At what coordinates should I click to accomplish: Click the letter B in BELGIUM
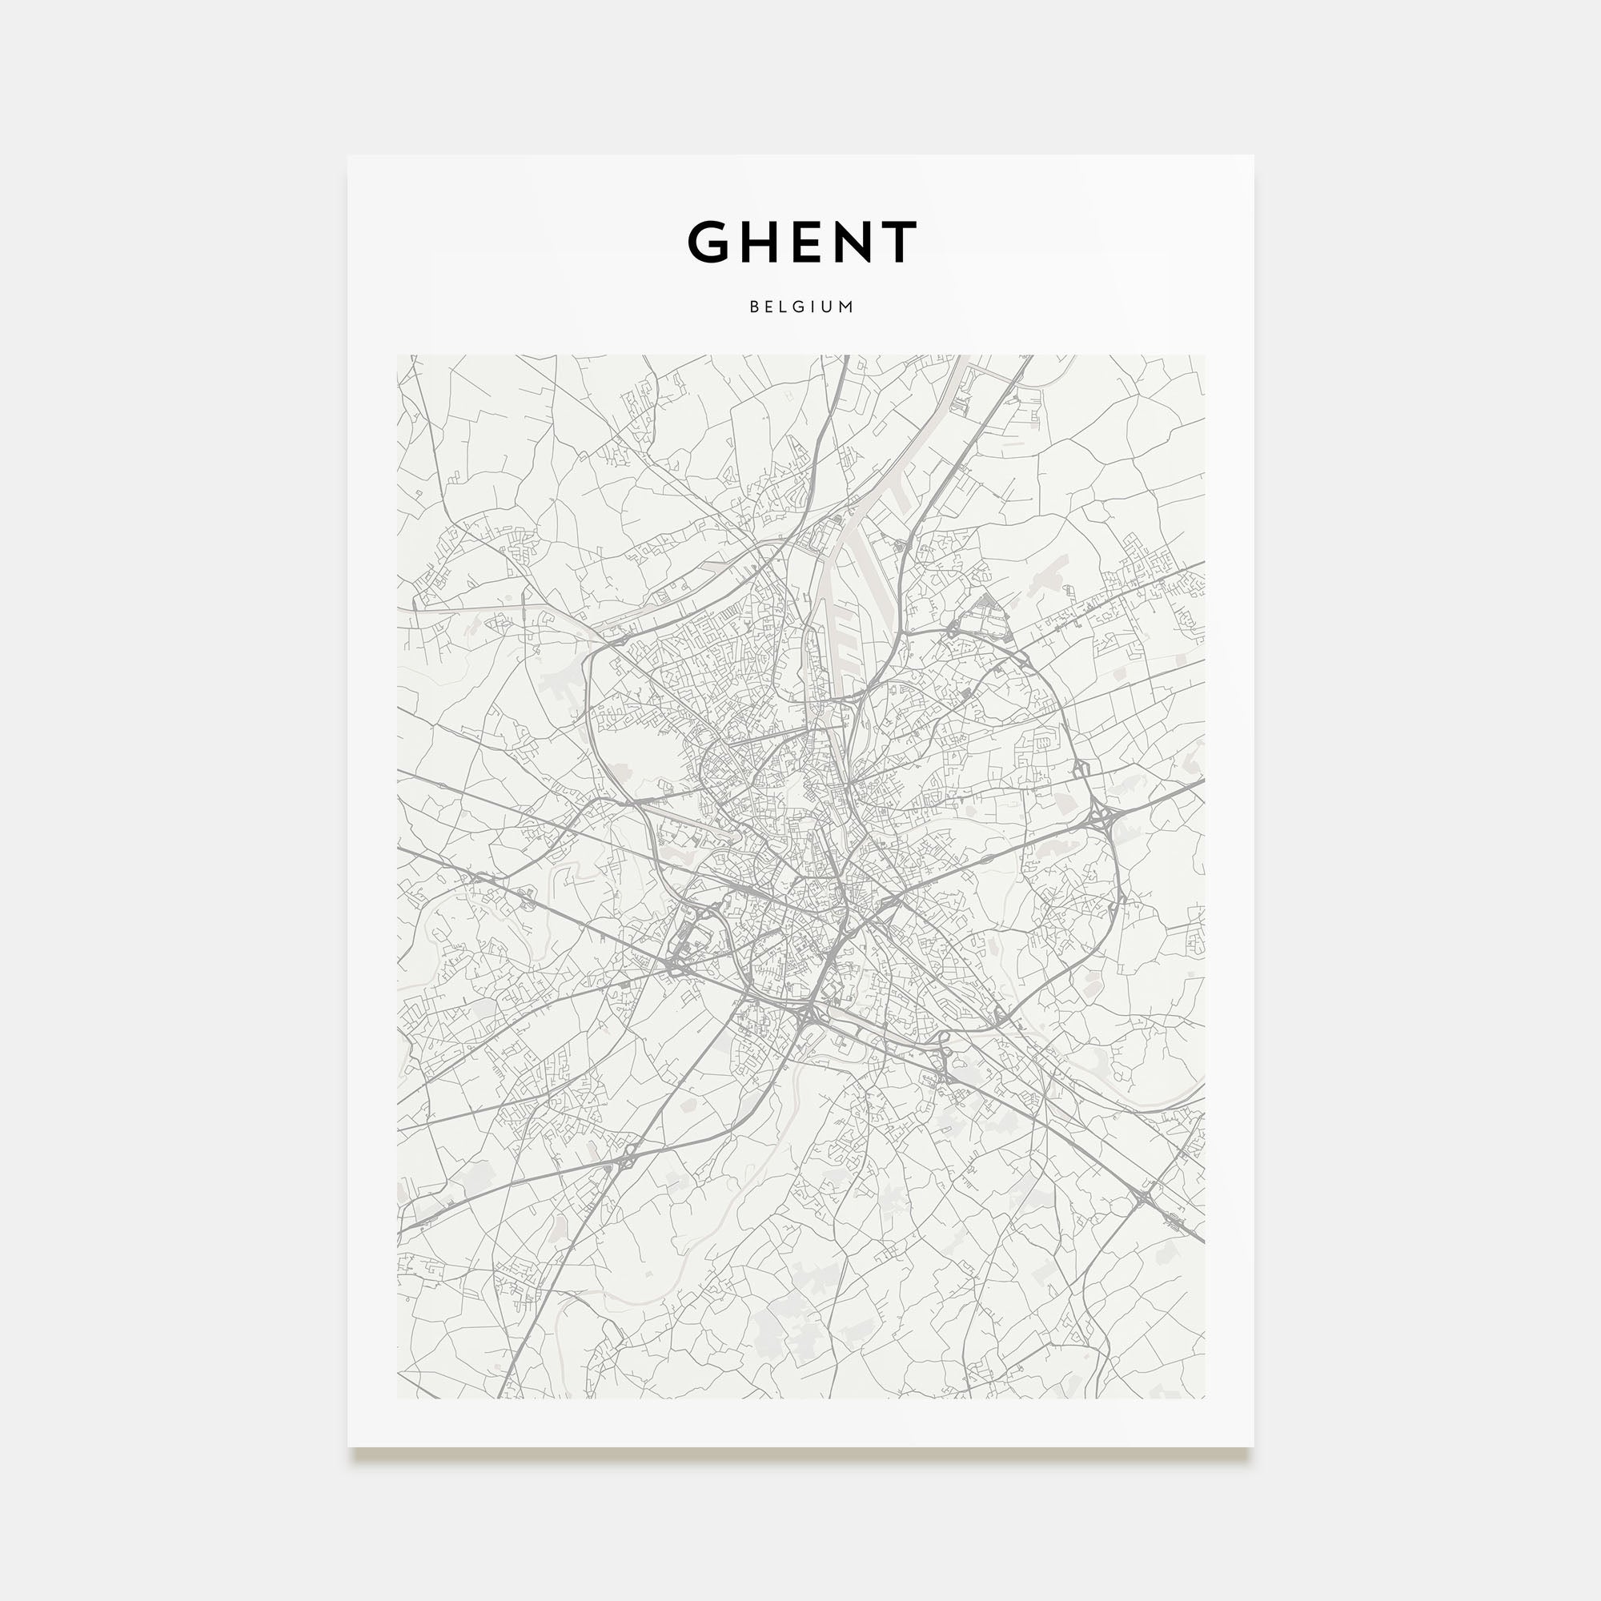coord(754,307)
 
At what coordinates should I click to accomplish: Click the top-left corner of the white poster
coord(349,157)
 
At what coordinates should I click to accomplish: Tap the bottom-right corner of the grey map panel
coord(1204,1398)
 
